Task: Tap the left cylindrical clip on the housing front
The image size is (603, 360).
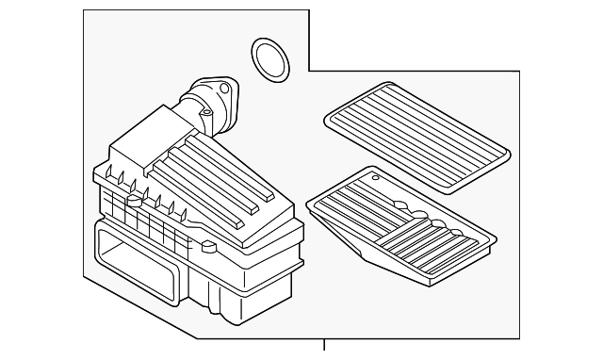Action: pyautogui.click(x=136, y=200)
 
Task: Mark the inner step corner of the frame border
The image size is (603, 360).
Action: pyautogui.click(x=310, y=71)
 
